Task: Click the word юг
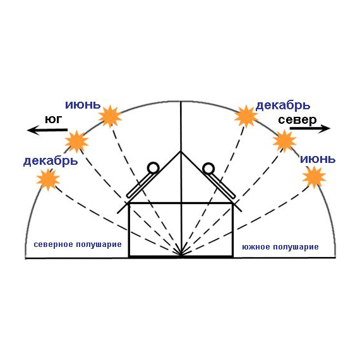point(54,119)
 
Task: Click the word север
point(297,120)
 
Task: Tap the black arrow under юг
point(47,130)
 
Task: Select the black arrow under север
point(310,128)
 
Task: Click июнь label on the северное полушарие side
point(83,105)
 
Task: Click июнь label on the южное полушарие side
point(318,159)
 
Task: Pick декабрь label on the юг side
point(51,161)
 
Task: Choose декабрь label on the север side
point(282,105)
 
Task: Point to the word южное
point(256,247)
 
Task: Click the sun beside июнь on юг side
point(110,116)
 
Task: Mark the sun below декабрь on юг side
point(48,179)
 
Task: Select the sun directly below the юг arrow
point(76,141)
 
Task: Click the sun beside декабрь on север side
point(246,116)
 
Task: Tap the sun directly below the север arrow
point(284,141)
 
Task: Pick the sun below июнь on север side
point(314,177)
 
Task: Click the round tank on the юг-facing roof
point(153,168)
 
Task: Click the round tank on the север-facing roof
point(208,169)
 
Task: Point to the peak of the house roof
point(181,152)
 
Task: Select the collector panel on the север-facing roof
point(221,186)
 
